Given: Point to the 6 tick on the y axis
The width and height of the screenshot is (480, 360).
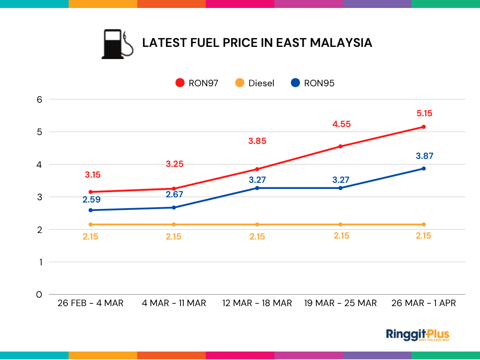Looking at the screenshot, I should (x=39, y=99).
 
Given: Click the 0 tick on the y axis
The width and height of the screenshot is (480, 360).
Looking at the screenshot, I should (x=39, y=294).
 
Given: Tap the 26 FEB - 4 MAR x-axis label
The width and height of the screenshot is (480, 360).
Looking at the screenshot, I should (x=90, y=303).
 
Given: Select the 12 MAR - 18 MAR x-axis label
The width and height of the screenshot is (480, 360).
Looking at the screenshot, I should (x=257, y=303).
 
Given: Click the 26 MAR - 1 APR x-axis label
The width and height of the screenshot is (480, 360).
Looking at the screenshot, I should (x=423, y=303).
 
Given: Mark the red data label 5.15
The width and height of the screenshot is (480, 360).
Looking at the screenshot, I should (x=424, y=113).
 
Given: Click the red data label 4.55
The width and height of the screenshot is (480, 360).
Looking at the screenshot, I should (x=341, y=124).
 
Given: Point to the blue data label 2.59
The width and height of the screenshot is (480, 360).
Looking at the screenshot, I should (x=91, y=199).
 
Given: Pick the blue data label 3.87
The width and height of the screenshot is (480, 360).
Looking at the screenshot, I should (x=424, y=156).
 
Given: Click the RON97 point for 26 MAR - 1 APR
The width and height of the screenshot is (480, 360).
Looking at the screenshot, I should (x=424, y=127).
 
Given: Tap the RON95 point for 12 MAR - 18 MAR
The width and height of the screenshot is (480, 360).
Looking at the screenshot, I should (x=257, y=188).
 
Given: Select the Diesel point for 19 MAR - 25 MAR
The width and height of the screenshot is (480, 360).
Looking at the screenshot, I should (x=340, y=225).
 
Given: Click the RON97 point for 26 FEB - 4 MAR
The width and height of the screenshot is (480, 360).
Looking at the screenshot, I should (x=90, y=192).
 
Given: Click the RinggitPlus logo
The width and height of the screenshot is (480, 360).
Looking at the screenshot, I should (x=417, y=335).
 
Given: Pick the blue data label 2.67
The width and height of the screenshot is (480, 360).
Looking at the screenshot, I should (x=174, y=195).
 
